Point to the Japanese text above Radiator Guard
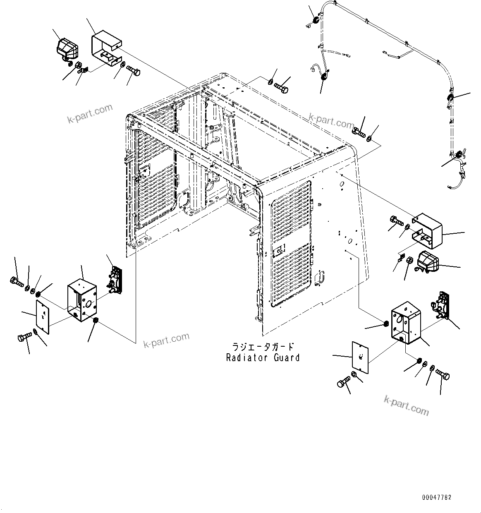pyautogui.click(x=263, y=347)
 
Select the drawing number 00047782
pyautogui.click(x=437, y=497)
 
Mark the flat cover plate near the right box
pyautogui.click(x=360, y=358)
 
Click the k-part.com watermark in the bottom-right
pyautogui.click(x=406, y=405)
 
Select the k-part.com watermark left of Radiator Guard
pyautogui.click(x=166, y=340)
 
